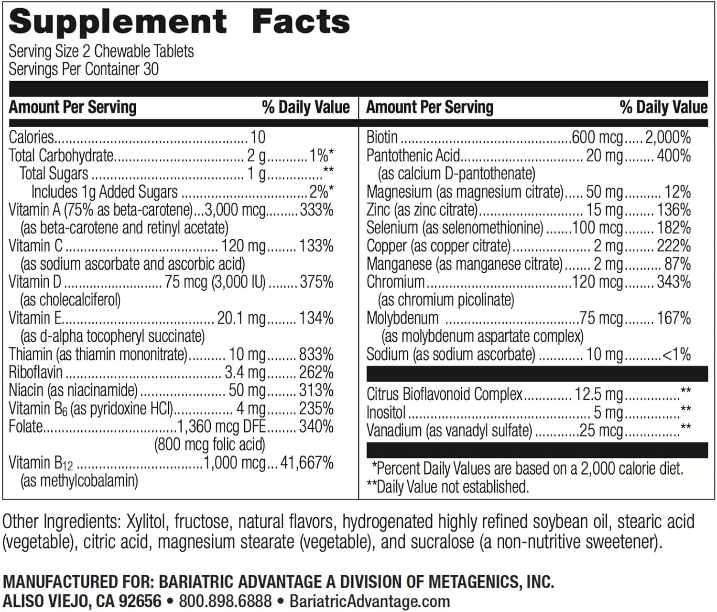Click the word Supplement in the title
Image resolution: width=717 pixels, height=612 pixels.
(118, 22)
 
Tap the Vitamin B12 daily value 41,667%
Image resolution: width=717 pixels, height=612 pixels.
(307, 463)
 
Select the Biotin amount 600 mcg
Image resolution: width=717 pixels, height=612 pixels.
(597, 137)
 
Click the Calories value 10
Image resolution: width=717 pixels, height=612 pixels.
(258, 137)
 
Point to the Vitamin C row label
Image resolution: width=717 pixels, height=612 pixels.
(36, 246)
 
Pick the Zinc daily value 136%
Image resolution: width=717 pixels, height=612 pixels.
(674, 210)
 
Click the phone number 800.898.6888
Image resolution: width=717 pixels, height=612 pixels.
(225, 601)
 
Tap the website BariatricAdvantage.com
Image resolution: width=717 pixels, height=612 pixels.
(369, 601)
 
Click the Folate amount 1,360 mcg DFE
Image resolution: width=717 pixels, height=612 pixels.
(221, 426)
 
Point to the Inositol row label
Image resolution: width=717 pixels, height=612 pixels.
(386, 412)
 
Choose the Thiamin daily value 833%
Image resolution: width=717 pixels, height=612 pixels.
(316, 355)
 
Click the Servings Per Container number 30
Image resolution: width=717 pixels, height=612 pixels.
(151, 69)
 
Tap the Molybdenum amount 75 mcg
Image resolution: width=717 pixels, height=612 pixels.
(601, 318)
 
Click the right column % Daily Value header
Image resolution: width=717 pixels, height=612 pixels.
(663, 107)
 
